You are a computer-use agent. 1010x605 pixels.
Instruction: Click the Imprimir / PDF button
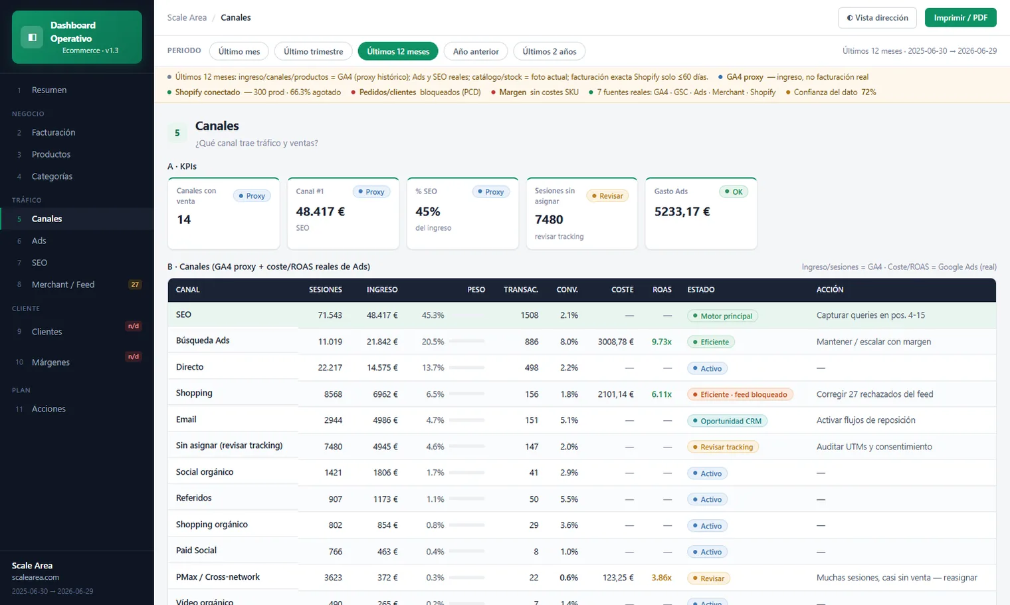pos(960,17)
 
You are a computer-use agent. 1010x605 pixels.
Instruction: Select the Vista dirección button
pos(877,17)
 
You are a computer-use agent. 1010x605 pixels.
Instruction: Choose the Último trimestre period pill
pos(313,51)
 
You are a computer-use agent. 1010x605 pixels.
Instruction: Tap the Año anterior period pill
pos(476,51)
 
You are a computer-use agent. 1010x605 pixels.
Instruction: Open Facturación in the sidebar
pos(53,132)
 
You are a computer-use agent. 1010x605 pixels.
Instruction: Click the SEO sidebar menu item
pos(39,263)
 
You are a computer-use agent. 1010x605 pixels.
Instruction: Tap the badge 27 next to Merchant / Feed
pos(135,285)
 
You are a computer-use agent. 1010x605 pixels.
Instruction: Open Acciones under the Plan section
pos(49,409)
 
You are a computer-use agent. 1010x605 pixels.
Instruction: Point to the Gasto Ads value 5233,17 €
pos(682,211)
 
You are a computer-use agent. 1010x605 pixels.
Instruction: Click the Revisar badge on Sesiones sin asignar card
pos(607,196)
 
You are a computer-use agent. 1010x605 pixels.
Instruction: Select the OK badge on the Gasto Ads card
pos(733,191)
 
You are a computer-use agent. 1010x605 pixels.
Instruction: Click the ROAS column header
pos(661,290)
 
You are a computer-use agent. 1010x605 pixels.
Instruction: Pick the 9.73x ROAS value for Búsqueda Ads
pos(661,342)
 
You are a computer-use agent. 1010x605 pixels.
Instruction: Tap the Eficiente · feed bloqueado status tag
pos(740,394)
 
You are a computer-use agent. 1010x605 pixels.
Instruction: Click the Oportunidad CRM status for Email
pos(727,421)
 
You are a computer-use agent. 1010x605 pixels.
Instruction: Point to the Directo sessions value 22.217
pos(330,368)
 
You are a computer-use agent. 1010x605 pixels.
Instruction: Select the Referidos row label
pos(193,497)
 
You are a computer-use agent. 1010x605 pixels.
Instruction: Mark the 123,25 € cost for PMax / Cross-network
pos(618,578)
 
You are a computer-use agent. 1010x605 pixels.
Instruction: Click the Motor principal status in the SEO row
pos(722,316)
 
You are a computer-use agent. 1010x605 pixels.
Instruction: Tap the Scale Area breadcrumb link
pos(187,17)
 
